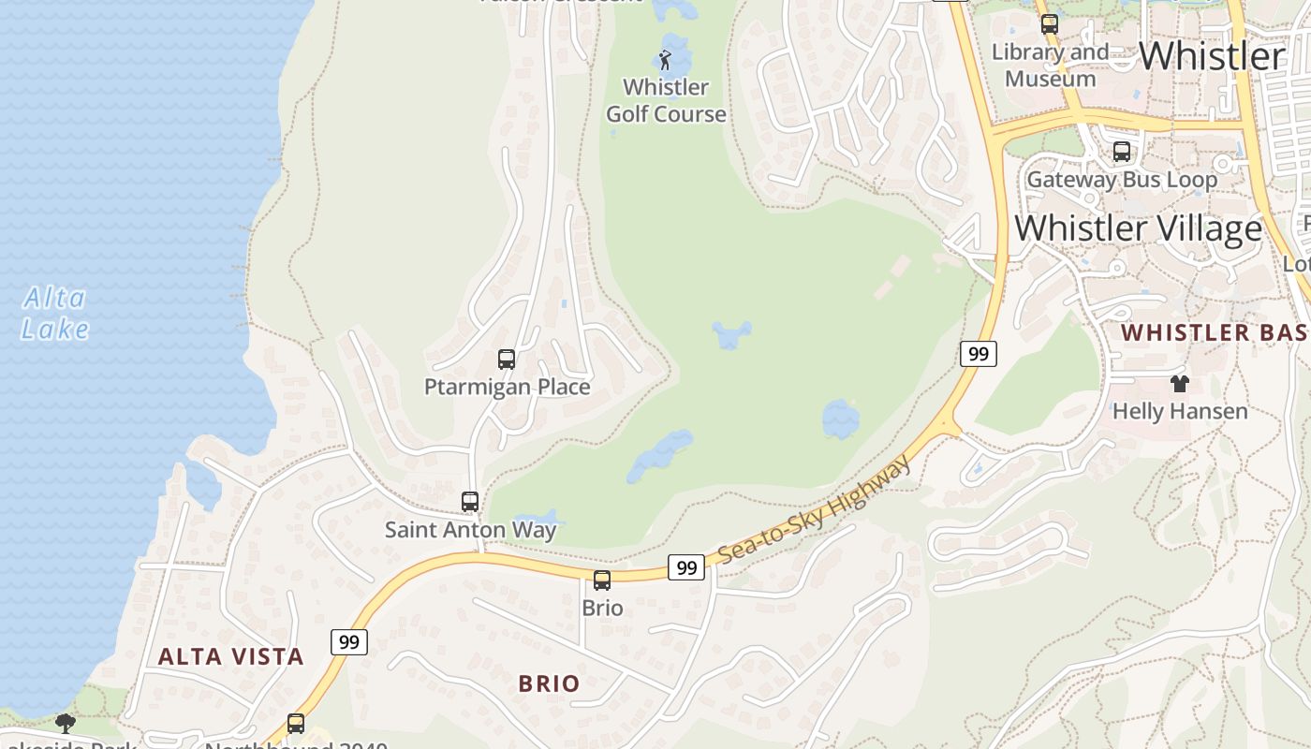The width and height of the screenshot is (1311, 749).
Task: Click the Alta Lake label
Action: point(55,314)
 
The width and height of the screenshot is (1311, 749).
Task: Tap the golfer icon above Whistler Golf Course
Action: point(666,61)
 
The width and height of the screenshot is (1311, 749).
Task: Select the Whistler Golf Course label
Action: point(666,100)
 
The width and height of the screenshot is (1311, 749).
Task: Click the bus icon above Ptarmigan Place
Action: point(507,360)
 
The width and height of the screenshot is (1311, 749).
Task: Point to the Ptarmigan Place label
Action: point(507,387)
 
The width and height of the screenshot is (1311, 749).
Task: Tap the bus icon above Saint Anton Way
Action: point(470,502)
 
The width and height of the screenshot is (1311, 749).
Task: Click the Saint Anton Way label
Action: point(470,530)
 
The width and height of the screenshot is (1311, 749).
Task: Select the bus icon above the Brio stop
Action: point(602,580)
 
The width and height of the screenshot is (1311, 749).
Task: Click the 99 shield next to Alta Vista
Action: point(348,642)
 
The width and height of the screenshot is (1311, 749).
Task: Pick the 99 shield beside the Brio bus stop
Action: point(686,567)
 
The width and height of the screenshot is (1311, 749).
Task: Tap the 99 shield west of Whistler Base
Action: point(978,354)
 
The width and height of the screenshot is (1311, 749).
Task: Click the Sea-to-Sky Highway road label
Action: point(815,510)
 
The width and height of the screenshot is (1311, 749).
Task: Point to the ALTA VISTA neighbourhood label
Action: point(230,656)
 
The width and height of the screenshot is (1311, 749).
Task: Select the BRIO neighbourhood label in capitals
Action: point(549,683)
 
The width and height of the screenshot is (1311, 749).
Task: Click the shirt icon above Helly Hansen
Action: point(1179,383)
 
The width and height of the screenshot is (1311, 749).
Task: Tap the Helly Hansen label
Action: point(1179,411)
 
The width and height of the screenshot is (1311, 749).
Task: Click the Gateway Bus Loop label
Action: point(1122,179)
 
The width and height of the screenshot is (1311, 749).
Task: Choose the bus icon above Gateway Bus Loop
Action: point(1121,152)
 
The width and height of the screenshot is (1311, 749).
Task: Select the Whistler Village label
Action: point(1138,228)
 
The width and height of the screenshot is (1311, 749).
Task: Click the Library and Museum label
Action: point(1050,66)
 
